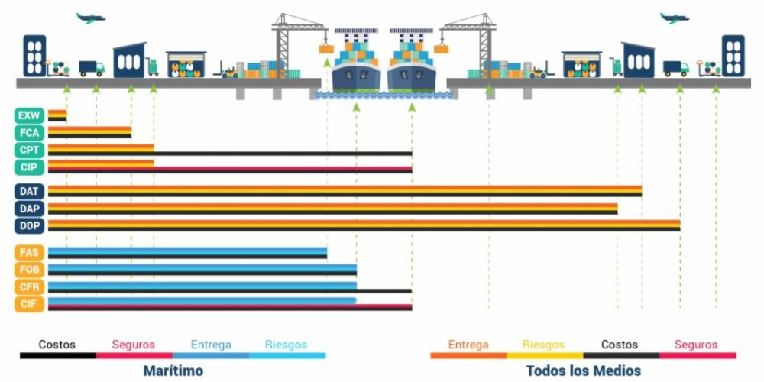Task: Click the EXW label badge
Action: pos(30,116)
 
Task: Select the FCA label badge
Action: pos(30,133)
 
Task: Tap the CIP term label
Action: pos(30,167)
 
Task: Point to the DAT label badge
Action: pos(30,191)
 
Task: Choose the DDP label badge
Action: pos(30,225)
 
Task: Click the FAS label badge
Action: pos(30,253)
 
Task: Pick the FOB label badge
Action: pos(30,270)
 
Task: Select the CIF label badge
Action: pos(30,304)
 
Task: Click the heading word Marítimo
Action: pos(172,371)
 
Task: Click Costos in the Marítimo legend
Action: pos(57,345)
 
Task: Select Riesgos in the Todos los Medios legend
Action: pos(543,345)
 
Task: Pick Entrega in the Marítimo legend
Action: pos(210,345)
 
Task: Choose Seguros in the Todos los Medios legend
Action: pos(696,345)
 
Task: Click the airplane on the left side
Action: pos(90,18)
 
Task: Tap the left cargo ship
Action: pos(355,65)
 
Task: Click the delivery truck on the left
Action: pos(92,69)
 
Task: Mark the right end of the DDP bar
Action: pos(678,225)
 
